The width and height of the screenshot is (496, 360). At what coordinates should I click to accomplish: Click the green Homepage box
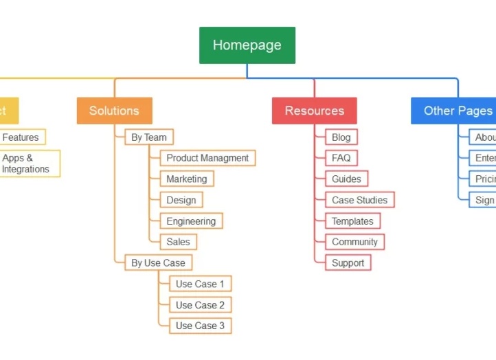pyautogui.click(x=247, y=45)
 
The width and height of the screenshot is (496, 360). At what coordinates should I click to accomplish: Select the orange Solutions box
pyautogui.click(x=114, y=111)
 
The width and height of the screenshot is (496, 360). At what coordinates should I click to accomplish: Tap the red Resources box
pyautogui.click(x=315, y=111)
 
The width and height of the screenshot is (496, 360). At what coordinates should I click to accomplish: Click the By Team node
pyautogui.click(x=149, y=137)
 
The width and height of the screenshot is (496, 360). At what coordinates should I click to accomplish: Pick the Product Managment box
pyautogui.click(x=207, y=158)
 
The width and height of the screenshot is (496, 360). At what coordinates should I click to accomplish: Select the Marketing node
pyautogui.click(x=186, y=179)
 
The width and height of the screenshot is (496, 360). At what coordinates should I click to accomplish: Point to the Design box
pyautogui.click(x=181, y=201)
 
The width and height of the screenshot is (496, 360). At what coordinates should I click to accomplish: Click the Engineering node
pyautogui.click(x=191, y=221)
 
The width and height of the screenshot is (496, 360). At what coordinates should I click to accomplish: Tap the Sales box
pyautogui.click(x=178, y=242)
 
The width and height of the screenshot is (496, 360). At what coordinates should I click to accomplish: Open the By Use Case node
pyautogui.click(x=158, y=262)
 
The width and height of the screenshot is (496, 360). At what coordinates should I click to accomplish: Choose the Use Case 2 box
pyautogui.click(x=200, y=305)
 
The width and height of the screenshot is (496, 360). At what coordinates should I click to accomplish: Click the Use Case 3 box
pyautogui.click(x=200, y=326)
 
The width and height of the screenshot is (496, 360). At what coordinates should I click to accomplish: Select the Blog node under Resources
pyautogui.click(x=341, y=137)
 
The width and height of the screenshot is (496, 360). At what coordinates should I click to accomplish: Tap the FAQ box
pyautogui.click(x=341, y=158)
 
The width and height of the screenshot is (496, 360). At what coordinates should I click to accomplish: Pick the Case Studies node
pyautogui.click(x=359, y=201)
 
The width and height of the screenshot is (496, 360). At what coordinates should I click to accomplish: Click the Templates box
pyautogui.click(x=352, y=221)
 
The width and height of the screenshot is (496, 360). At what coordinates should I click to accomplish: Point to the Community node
pyautogui.click(x=354, y=242)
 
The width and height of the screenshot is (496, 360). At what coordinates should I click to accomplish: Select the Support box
pyautogui.click(x=348, y=262)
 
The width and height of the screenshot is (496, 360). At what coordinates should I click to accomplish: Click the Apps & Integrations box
pyautogui.click(x=27, y=164)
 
